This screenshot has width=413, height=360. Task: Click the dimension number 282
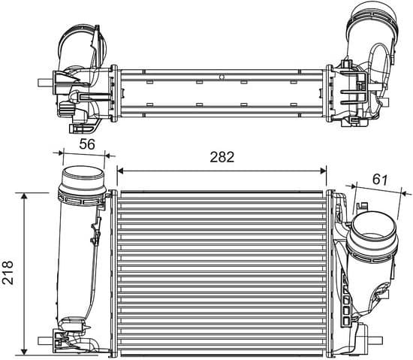coord(222,157)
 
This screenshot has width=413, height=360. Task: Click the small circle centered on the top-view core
coord(222,76)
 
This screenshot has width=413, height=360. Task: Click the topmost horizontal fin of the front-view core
coord(222,194)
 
